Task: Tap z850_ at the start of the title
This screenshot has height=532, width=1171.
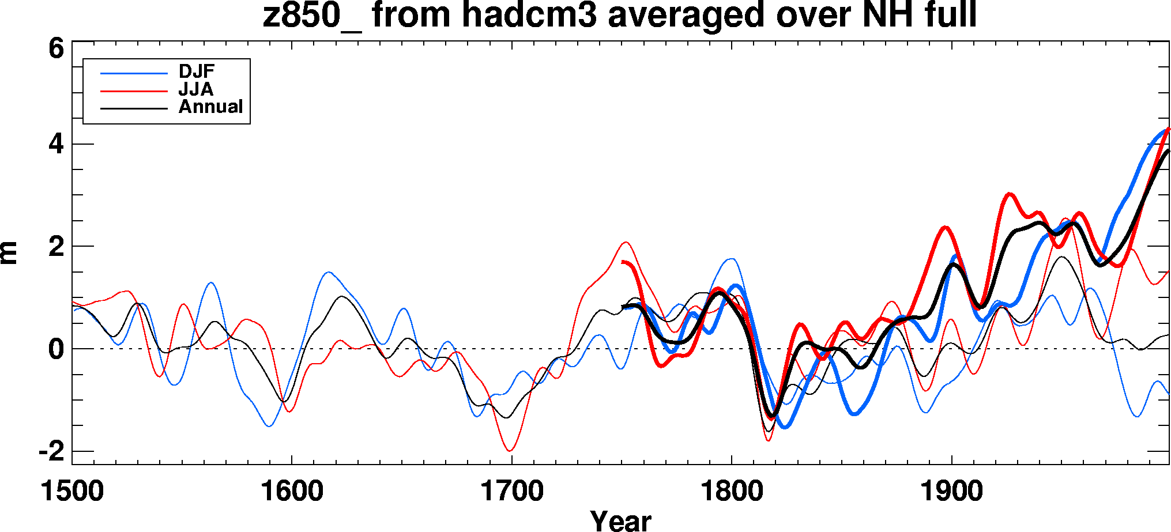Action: (x=311, y=15)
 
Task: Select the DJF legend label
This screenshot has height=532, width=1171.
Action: (x=197, y=71)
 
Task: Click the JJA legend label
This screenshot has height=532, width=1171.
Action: (x=196, y=89)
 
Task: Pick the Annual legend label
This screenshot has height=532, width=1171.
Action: (x=210, y=107)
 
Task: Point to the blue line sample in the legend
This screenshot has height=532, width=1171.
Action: (x=134, y=73)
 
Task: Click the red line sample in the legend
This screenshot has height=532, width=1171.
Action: (x=134, y=91)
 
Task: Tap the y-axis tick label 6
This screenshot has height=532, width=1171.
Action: (x=56, y=48)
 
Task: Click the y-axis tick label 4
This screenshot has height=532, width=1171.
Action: (x=56, y=144)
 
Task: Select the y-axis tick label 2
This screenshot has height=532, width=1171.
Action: (x=56, y=247)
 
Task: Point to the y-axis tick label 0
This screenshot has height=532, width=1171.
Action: (x=56, y=349)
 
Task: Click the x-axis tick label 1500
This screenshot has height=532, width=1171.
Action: (x=72, y=492)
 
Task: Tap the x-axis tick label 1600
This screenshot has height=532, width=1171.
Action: (x=292, y=492)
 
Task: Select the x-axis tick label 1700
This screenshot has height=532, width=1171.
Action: (x=512, y=492)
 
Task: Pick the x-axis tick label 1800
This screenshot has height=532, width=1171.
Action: (x=732, y=492)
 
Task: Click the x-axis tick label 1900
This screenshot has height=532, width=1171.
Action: (x=952, y=492)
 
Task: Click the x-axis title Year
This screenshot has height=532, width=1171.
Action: (x=620, y=520)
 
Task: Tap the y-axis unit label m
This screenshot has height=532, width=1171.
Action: (x=9, y=252)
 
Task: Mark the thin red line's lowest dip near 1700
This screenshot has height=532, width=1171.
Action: (x=510, y=451)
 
